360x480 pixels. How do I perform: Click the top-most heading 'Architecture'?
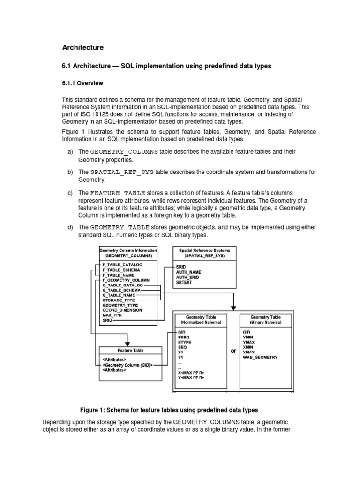[83, 47]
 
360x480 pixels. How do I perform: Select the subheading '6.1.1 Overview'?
[82, 83]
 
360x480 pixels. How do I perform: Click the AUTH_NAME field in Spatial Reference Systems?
[189, 272]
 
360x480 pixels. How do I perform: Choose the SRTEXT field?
[185, 282]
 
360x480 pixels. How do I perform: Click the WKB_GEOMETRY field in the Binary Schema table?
[260, 357]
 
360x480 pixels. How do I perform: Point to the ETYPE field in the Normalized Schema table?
[186, 342]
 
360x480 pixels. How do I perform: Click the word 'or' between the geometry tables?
[234, 351]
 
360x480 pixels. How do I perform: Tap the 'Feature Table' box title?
[130, 350]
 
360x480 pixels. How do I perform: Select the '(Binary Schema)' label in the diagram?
[266, 322]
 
